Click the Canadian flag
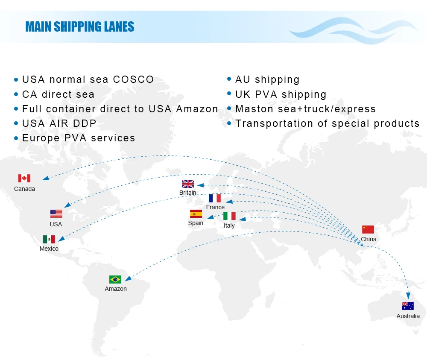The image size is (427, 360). [24, 178]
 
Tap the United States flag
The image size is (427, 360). [56, 214]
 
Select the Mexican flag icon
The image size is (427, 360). [49, 239]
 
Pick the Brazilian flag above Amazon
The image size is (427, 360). [115, 279]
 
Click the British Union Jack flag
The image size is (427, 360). [188, 184]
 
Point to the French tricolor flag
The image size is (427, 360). [215, 198]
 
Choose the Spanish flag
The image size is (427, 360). [196, 214]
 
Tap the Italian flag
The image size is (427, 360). [229, 216]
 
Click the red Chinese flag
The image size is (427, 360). [368, 229]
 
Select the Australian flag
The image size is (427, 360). [408, 306]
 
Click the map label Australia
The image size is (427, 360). [408, 316]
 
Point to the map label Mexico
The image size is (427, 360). [49, 249]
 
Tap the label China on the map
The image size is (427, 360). [369, 239]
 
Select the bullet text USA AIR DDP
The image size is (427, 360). [59, 123]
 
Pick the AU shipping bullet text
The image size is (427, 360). [267, 79]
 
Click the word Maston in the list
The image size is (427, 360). [254, 109]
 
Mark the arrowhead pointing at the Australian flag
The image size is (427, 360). [409, 296]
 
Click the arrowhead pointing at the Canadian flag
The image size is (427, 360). [44, 179]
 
